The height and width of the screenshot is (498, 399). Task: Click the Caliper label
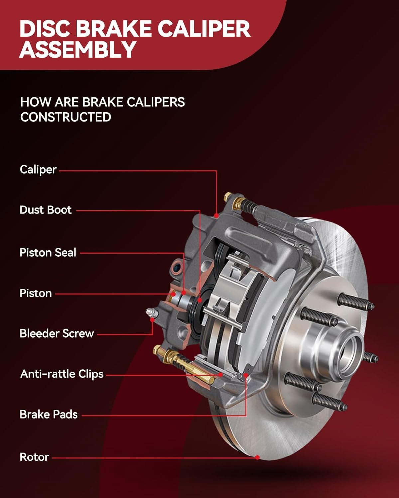click(38, 170)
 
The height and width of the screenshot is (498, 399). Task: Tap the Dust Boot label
click(46, 210)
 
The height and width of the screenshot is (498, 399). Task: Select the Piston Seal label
click(48, 252)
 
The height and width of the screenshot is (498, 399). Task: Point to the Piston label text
click(36, 293)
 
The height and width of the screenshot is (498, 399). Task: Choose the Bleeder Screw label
click(57, 333)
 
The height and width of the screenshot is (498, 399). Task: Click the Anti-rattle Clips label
click(62, 374)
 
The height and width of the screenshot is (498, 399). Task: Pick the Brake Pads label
click(49, 414)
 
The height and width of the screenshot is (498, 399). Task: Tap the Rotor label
click(34, 457)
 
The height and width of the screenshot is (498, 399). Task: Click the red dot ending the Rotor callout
click(257, 457)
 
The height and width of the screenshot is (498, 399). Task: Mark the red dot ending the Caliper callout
click(216, 216)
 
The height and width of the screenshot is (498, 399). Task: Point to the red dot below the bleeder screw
click(152, 320)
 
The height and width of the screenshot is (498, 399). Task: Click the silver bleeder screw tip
click(152, 313)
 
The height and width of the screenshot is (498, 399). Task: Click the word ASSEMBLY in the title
click(77, 49)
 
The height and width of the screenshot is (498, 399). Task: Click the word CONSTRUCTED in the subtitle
click(66, 117)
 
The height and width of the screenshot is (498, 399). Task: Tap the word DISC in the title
click(45, 29)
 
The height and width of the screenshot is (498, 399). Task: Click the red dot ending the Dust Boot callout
click(199, 300)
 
